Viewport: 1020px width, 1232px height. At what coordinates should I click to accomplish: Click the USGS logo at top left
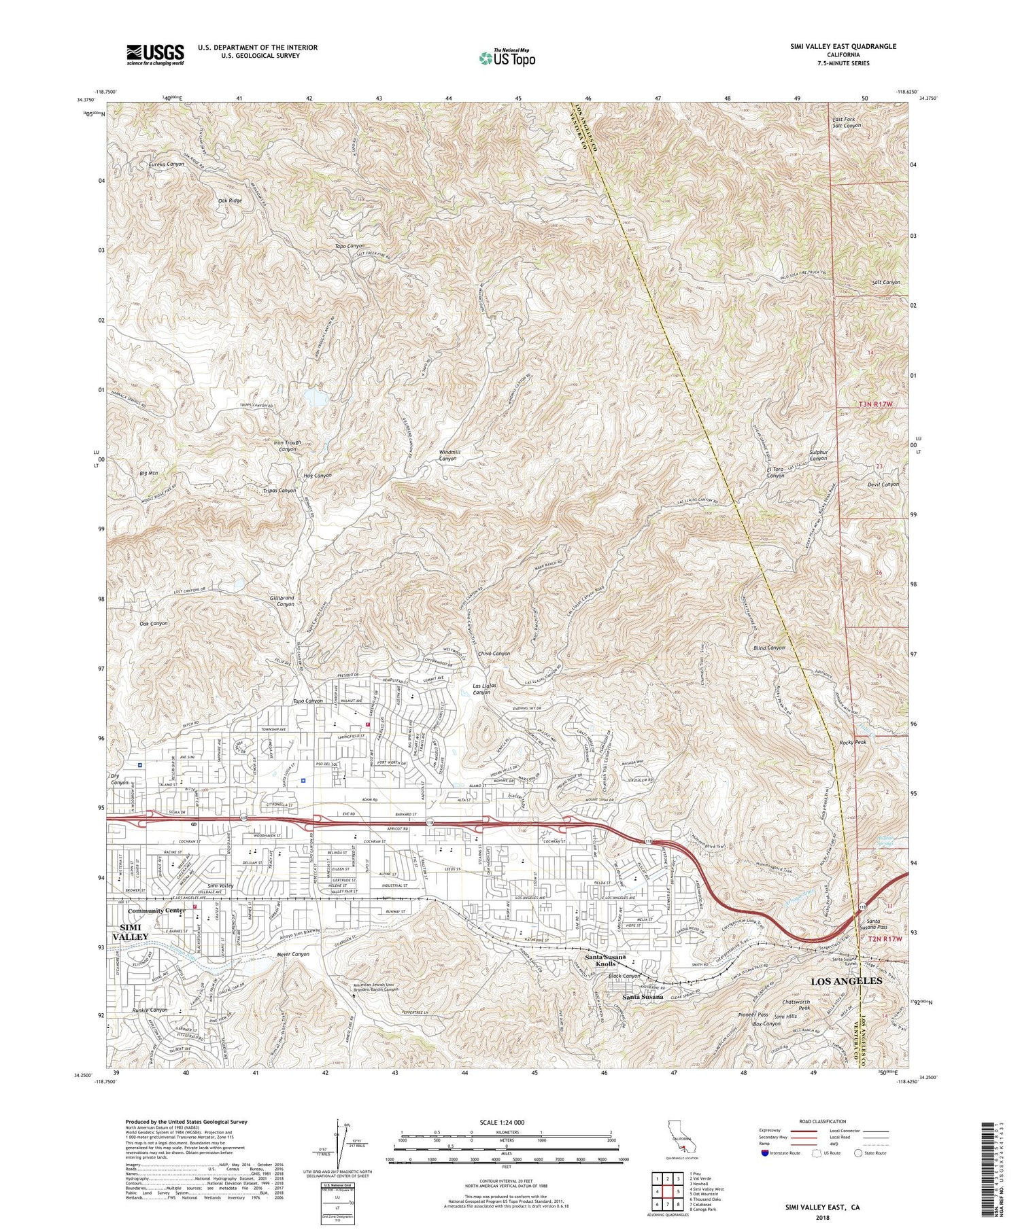(x=155, y=54)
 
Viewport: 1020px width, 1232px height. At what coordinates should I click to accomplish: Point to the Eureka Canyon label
(x=167, y=164)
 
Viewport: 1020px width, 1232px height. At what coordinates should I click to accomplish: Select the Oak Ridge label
(x=230, y=200)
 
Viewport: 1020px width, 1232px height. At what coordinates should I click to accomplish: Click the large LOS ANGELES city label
(x=846, y=981)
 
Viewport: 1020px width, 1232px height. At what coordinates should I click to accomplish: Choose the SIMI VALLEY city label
(x=134, y=932)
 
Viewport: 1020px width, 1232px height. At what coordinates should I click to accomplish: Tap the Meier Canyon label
(x=294, y=954)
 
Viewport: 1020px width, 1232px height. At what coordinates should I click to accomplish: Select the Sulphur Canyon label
(x=817, y=454)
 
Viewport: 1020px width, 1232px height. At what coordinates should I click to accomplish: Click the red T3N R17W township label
(x=874, y=404)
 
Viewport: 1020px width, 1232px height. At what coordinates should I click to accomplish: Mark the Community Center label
(x=156, y=911)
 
